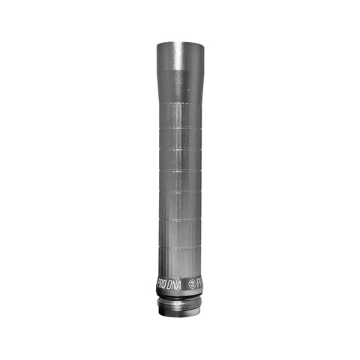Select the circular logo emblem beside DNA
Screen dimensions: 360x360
point(192,284)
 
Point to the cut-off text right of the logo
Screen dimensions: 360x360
point(199,283)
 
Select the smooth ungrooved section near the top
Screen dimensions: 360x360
point(180,64)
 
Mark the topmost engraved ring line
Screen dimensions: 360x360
point(180,100)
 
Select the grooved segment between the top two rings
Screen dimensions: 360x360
point(180,114)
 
